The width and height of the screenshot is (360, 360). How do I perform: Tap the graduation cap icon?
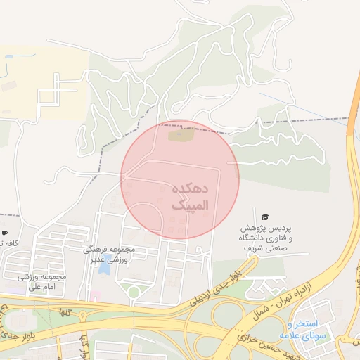pyautogui.click(x=264, y=217)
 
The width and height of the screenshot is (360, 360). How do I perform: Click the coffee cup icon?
pyautogui.click(x=4, y=233)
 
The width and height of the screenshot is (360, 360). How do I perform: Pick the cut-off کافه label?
pyautogui.click(x=8, y=243)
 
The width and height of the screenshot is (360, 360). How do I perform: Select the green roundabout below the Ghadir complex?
pyautogui.click(x=133, y=292)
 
